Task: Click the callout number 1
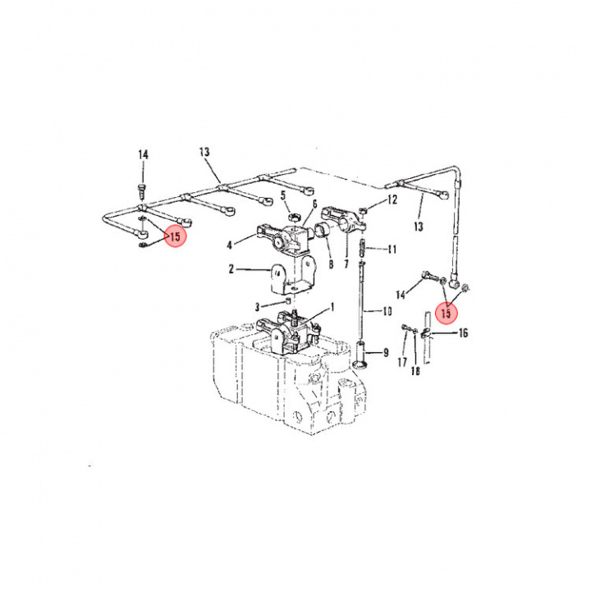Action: coord(332,307)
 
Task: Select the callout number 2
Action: coord(231,269)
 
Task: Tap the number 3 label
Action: coord(258,307)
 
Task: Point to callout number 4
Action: coord(230,245)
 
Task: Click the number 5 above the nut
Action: coord(282,195)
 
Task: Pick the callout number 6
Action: coord(314,204)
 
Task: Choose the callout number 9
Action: coord(386,353)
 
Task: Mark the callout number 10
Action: coord(387,311)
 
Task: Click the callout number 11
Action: coord(392,250)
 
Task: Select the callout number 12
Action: coord(392,199)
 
